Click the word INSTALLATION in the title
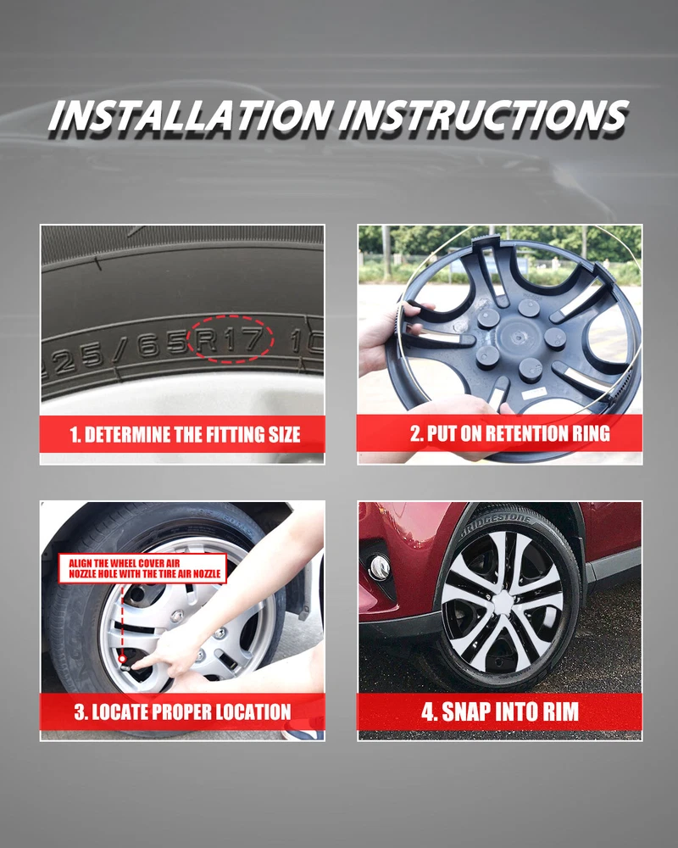(x=190, y=115)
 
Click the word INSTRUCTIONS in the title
(x=484, y=115)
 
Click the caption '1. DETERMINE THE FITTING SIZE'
(x=185, y=435)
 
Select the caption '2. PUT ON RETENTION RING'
(x=510, y=433)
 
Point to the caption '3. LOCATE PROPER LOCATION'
(x=183, y=711)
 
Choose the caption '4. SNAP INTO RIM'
(x=500, y=711)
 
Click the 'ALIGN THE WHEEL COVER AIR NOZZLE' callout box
(x=142, y=568)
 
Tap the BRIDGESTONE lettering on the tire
(x=497, y=525)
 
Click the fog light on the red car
(x=379, y=566)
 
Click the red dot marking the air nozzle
(x=123, y=659)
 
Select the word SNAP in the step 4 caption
(x=466, y=711)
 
